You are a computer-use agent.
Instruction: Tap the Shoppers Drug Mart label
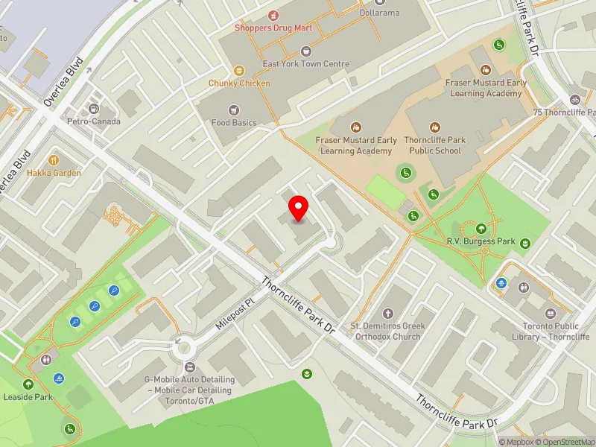[x=273, y=28]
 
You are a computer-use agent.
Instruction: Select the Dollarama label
[x=378, y=13]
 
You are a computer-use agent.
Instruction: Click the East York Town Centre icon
[x=305, y=51]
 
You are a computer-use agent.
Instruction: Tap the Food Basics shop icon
[x=234, y=110]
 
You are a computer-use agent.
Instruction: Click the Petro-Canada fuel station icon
[x=94, y=109]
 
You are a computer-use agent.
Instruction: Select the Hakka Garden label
[x=54, y=173]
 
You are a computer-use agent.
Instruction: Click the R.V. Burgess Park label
[x=481, y=241]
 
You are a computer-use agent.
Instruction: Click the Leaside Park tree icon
[x=28, y=384]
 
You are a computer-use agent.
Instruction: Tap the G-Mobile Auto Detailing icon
[x=189, y=367]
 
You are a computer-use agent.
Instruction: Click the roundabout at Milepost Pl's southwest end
[x=181, y=345]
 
